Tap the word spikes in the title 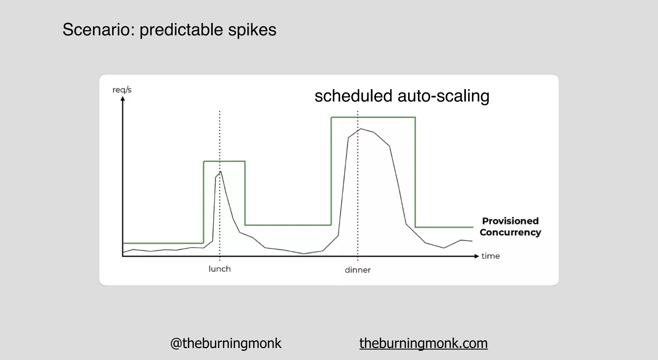252,30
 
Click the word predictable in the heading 181,30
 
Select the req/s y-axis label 122,90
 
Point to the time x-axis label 491,256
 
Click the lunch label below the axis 220,269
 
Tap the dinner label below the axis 358,270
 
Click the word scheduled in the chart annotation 353,96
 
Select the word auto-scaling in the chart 443,96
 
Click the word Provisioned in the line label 510,221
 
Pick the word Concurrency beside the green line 510,232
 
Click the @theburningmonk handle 226,343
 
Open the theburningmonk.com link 423,343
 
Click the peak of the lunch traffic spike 221,172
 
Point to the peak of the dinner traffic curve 361,129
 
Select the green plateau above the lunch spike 224,161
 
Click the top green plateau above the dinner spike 373,117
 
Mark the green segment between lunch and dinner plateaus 288,225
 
